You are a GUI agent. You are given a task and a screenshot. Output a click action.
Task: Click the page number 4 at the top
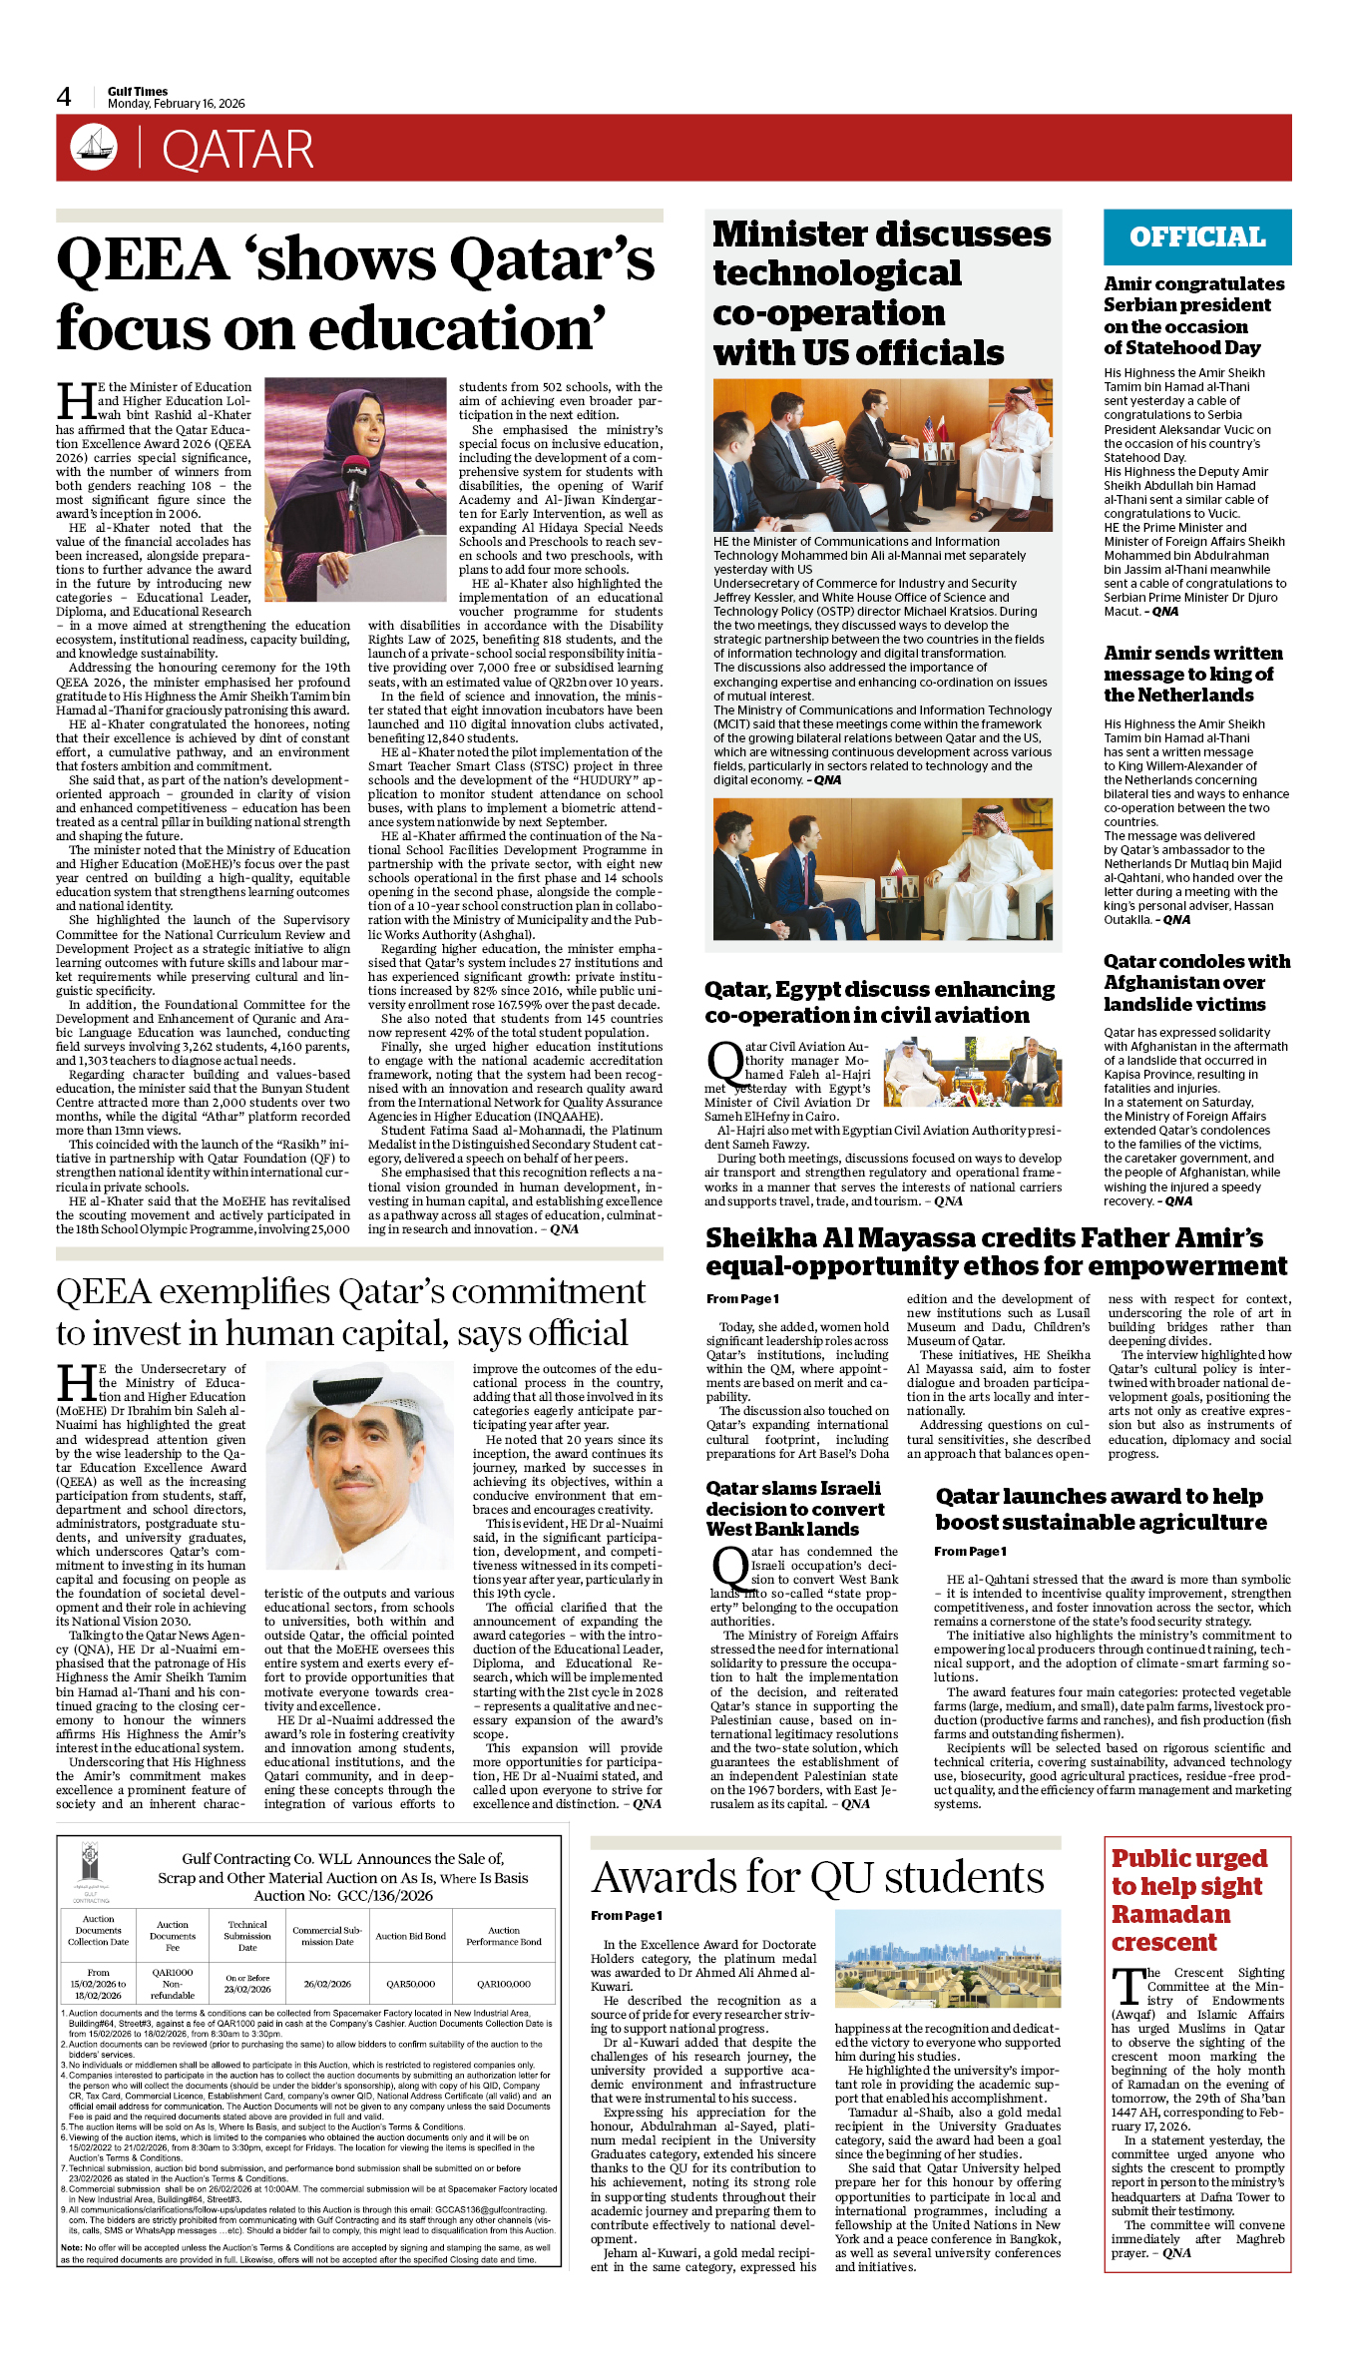[x=64, y=97]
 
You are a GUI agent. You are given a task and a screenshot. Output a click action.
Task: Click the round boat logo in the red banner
[x=94, y=148]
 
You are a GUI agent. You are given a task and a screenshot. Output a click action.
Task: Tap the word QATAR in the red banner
[x=237, y=151]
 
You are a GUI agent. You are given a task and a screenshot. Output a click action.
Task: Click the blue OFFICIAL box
[x=1196, y=237]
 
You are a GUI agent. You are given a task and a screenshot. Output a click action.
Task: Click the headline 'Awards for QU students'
[x=817, y=1878]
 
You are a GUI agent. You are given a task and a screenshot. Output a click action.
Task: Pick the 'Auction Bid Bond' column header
[x=410, y=1936]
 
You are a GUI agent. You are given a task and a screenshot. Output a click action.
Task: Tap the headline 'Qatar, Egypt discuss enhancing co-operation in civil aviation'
[x=879, y=1002]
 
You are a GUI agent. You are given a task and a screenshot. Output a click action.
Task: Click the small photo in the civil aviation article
[x=973, y=1072]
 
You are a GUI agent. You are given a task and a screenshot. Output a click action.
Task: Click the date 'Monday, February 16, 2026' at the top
[x=176, y=104]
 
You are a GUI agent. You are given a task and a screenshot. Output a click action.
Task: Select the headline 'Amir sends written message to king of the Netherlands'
[x=1192, y=674]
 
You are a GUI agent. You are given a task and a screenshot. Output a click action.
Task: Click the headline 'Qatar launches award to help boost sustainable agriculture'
[x=1101, y=1509]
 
